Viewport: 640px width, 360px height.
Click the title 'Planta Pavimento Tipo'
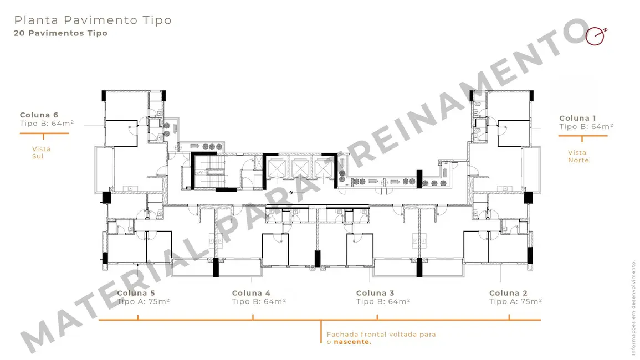coord(93,20)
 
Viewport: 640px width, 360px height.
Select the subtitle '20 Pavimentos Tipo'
coord(61,33)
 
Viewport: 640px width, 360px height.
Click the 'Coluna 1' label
coord(578,118)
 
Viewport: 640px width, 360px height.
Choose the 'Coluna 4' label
coord(251,293)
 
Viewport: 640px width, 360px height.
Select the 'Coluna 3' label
coord(375,293)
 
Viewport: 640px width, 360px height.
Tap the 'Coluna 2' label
coord(508,293)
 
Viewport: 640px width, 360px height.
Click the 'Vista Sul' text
coord(41,153)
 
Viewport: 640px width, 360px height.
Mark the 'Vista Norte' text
coord(578,156)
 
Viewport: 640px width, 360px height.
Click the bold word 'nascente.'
coord(353,342)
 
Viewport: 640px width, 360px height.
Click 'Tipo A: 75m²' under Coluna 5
coord(143,302)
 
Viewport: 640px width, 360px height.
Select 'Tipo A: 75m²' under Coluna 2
coord(515,302)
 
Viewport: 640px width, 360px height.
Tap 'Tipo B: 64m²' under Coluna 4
coord(259,302)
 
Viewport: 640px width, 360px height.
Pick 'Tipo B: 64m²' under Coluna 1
coord(586,127)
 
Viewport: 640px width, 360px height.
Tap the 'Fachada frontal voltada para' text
coord(381,335)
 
